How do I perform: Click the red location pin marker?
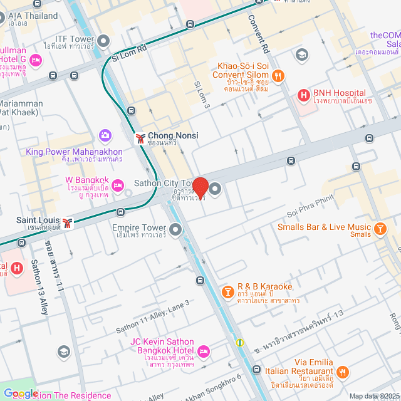pos(200,187)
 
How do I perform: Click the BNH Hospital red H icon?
pos(304,96)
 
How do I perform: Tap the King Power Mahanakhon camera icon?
pos(105,135)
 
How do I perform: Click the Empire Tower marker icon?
pos(175,232)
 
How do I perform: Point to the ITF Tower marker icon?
pos(103,42)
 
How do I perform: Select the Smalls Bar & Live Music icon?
pos(380,229)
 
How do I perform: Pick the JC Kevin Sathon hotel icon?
pos(204,350)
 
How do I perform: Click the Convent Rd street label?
pos(259,35)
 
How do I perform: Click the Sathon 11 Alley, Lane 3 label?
pos(152,316)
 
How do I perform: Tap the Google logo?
pos(21,393)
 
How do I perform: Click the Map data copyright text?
pos(374,396)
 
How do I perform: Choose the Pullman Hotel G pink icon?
pos(36,60)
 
